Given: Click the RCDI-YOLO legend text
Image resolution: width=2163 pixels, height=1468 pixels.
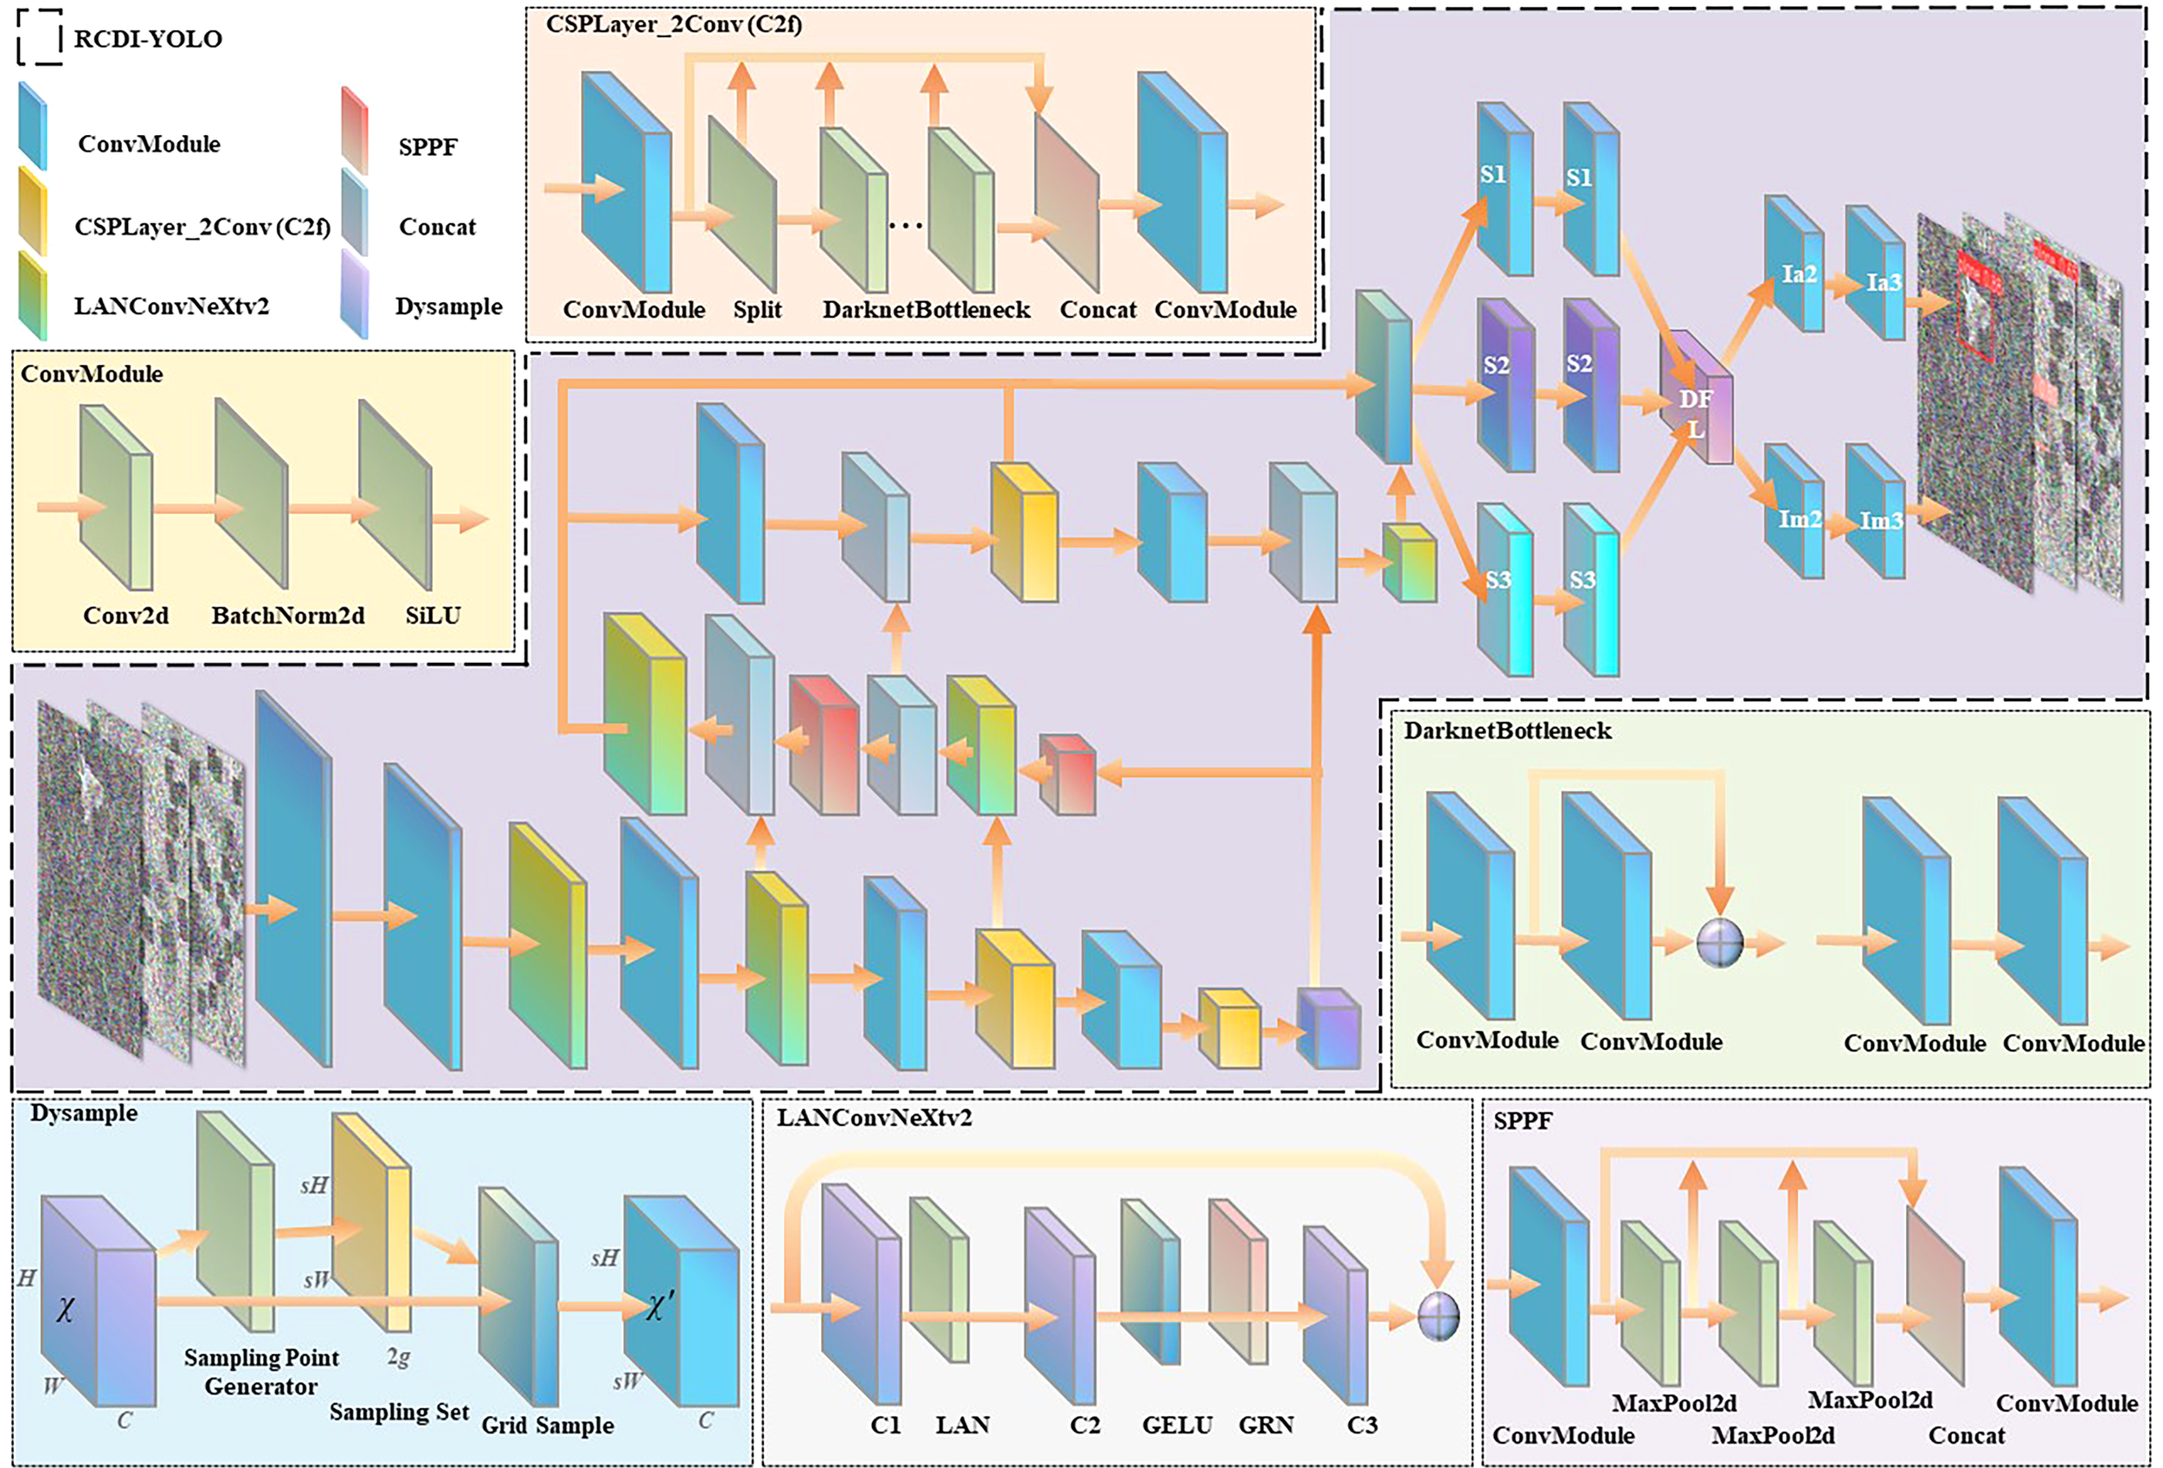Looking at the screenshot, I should [x=148, y=39].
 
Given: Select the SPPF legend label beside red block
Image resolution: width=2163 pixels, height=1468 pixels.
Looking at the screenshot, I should [x=427, y=147].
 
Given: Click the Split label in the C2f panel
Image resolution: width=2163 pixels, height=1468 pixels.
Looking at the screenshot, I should [x=757, y=310].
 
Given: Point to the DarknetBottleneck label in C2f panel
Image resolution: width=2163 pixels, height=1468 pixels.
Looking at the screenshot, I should [x=925, y=310].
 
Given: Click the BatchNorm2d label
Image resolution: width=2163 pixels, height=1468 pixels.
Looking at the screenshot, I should [x=287, y=615].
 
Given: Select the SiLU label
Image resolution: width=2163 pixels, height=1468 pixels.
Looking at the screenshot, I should [x=433, y=615].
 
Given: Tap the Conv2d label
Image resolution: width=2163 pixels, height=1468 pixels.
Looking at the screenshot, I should [x=125, y=615].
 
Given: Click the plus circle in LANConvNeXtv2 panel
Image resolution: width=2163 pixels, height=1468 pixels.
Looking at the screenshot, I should [x=1438, y=1317].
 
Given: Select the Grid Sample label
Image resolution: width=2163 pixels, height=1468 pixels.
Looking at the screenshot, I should [x=548, y=1426].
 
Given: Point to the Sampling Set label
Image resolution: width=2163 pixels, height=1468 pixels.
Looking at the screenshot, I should [x=399, y=1411].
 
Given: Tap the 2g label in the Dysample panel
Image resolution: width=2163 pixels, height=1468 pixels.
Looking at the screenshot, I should [x=397, y=1357].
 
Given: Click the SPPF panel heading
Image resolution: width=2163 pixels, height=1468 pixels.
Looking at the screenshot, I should [x=1523, y=1121].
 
